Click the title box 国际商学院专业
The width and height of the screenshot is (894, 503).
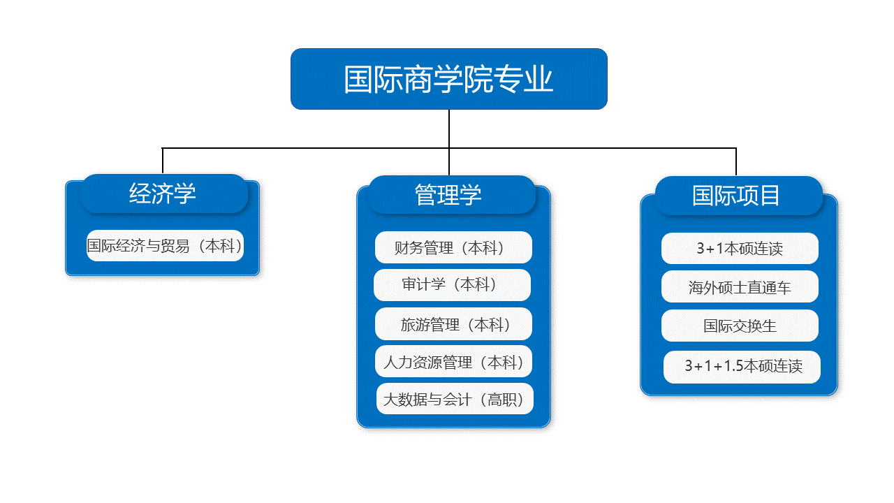coord(449,79)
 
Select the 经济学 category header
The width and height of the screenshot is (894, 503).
coord(164,194)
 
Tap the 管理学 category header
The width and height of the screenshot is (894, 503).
coord(451,195)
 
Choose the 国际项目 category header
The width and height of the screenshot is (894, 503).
coord(739,196)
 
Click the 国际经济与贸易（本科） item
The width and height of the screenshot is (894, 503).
coord(165,245)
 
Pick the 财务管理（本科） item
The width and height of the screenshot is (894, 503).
coord(453,247)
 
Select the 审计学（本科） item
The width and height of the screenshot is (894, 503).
coord(452,284)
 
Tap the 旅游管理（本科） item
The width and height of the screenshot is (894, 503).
coord(453,323)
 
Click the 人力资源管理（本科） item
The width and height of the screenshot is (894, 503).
coord(453,361)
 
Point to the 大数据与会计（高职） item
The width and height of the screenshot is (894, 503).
coord(455,399)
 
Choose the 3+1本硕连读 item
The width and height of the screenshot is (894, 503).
coord(740,248)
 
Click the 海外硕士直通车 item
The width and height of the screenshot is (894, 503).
coord(740,286)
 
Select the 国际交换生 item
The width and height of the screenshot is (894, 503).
coord(740,326)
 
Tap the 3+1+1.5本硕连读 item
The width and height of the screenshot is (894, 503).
coord(742,367)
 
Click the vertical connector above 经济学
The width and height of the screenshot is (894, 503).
coord(163,161)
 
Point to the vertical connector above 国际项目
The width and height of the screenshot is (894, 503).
coord(736,161)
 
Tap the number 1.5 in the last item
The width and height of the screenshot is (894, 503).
coord(733,366)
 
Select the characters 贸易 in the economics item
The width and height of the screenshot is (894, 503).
coord(175,246)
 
